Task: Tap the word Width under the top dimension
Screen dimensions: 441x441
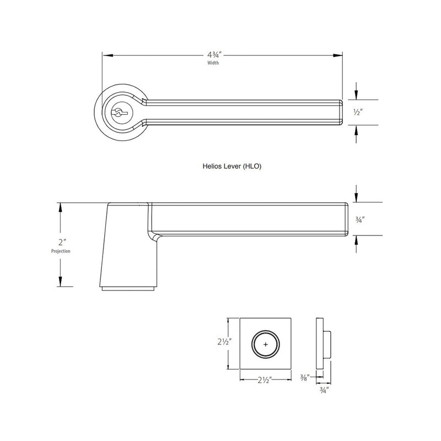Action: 213,63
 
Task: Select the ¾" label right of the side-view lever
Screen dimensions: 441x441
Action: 358,219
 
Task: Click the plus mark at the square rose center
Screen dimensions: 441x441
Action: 266,345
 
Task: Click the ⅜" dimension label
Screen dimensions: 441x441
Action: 305,378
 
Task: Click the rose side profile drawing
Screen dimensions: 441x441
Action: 321,345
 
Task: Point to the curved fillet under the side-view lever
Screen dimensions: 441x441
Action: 155,236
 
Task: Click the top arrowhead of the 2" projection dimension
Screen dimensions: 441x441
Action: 59,206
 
